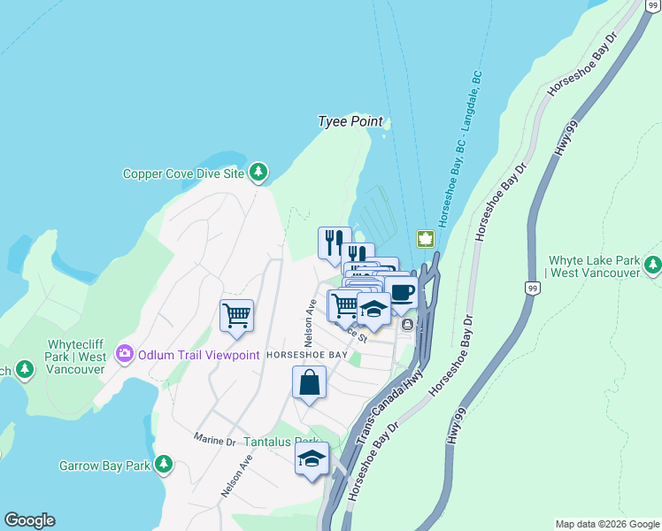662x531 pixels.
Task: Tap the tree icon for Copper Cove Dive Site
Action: (x=258, y=173)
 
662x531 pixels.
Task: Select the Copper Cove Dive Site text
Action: (x=183, y=174)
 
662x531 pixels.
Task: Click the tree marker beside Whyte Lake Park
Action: (x=653, y=264)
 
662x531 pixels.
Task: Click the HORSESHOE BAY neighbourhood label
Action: (x=306, y=355)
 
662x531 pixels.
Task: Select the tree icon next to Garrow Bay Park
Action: (x=163, y=464)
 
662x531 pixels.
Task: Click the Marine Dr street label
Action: (x=214, y=440)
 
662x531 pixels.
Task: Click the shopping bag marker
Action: (x=309, y=382)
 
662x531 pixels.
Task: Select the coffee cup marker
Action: (x=401, y=292)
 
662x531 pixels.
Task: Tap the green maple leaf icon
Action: (x=425, y=239)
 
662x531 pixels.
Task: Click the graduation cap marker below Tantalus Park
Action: (x=312, y=458)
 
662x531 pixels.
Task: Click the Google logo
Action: (x=29, y=520)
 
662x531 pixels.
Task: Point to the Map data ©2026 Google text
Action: (x=606, y=524)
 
